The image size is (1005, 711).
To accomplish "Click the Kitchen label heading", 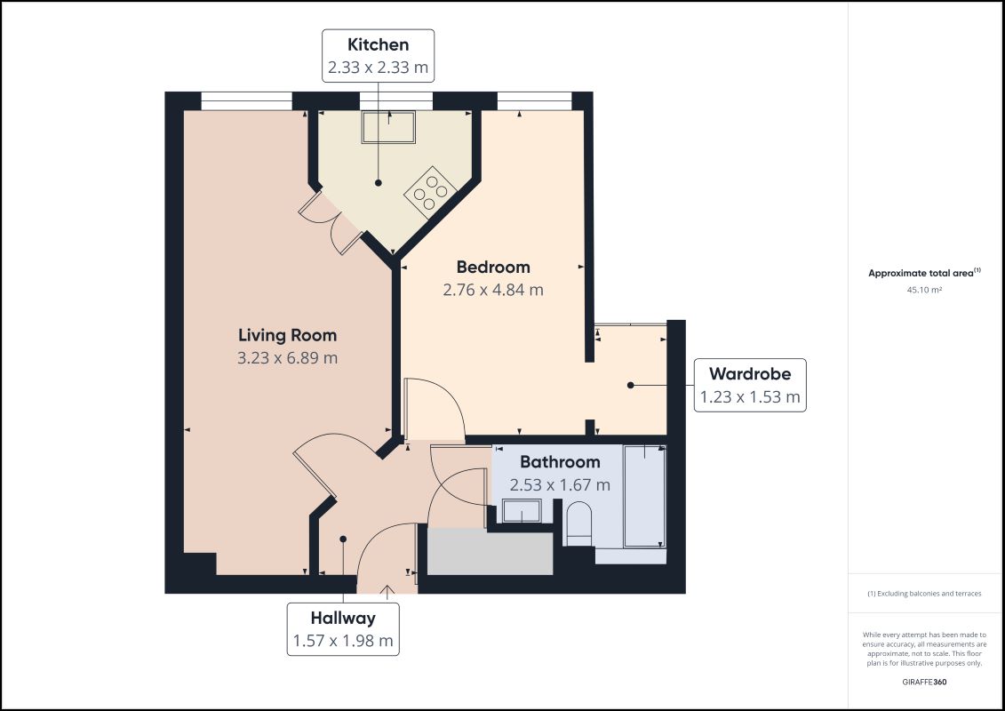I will coord(378,44).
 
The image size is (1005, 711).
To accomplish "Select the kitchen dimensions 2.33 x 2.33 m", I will coord(378,67).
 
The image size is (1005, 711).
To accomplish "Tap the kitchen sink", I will coord(388,127).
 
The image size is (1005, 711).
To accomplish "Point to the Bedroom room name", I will coord(493,267).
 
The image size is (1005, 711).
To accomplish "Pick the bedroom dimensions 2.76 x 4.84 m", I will coord(493,290).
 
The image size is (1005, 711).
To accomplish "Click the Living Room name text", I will coord(287,335).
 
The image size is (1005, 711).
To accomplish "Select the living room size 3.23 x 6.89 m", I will coord(287,358).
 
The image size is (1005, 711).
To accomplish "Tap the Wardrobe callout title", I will coord(750,374).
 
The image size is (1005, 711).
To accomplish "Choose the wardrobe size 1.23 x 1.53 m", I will coord(750,397).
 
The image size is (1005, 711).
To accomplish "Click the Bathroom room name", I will coord(560,462).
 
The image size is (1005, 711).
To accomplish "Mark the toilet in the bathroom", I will coord(578,523).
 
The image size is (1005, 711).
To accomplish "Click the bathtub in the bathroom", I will coord(643,496).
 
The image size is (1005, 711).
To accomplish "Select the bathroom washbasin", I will coord(521,511).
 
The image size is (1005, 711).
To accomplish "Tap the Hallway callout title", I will coord(342,618).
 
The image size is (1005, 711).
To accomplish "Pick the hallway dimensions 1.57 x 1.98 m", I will coord(342,641).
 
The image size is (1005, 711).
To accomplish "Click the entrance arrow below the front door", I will coord(387,589).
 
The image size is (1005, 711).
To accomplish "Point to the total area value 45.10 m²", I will coord(924,290).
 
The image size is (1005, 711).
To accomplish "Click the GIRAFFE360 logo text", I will coord(924,682).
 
